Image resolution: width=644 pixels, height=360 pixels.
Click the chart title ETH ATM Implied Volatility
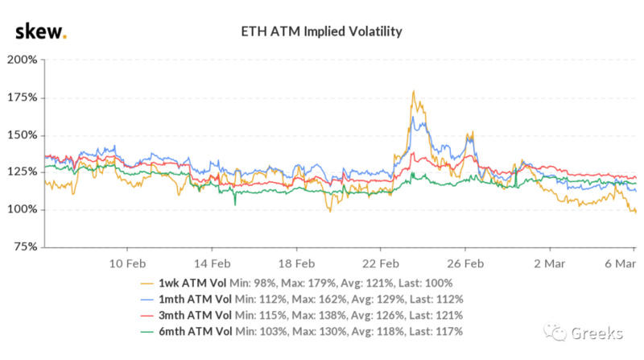[322, 31]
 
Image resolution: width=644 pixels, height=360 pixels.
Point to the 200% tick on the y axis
[23, 60]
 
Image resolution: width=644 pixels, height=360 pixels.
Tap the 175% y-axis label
[23, 97]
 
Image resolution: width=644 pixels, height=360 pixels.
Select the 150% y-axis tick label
[23, 134]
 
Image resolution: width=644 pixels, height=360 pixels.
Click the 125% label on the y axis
[23, 172]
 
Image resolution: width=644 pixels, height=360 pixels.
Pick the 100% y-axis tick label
[23, 209]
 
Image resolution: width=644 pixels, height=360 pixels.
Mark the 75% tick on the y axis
[25, 247]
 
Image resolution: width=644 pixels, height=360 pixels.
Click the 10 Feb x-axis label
[128, 263]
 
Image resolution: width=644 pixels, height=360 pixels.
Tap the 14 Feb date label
[213, 263]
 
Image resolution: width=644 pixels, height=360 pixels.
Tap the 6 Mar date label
[620, 263]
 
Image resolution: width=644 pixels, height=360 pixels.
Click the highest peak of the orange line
[413, 91]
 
